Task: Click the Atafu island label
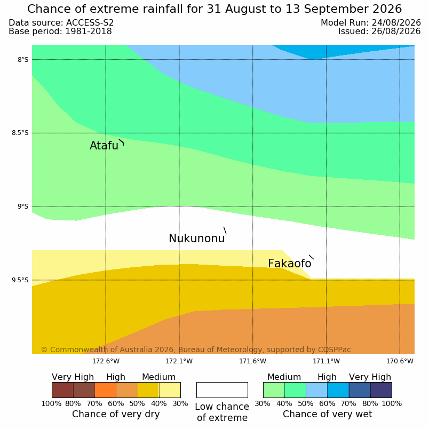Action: pyautogui.click(x=104, y=146)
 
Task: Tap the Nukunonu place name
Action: pyautogui.click(x=197, y=239)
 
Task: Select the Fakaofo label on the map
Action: pyautogui.click(x=289, y=264)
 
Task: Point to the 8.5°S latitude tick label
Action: pyautogui.click(x=20, y=133)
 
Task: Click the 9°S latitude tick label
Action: pyautogui.click(x=23, y=206)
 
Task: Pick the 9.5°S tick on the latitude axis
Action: pyautogui.click(x=20, y=280)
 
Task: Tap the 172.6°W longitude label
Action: pyautogui.click(x=106, y=361)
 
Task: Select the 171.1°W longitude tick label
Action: pyautogui.click(x=326, y=361)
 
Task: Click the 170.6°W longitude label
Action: pyautogui.click(x=400, y=361)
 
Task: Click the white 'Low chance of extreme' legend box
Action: pyautogui.click(x=222, y=390)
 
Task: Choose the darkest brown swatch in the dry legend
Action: pyautogui.click(x=62, y=390)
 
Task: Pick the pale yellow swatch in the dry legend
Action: pyautogui.click(x=170, y=390)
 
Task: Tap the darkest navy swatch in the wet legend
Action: pyautogui.click(x=381, y=390)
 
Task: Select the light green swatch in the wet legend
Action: pyautogui.click(x=274, y=390)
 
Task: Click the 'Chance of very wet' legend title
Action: pyautogui.click(x=328, y=414)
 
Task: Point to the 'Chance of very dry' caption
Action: pyautogui.click(x=116, y=414)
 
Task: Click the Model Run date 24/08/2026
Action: pyautogui.click(x=396, y=23)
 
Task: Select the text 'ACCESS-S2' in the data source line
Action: pyautogui.click(x=90, y=23)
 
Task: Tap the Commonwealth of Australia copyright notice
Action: pyautogui.click(x=196, y=349)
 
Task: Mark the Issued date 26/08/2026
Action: pyautogui.click(x=396, y=31)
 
